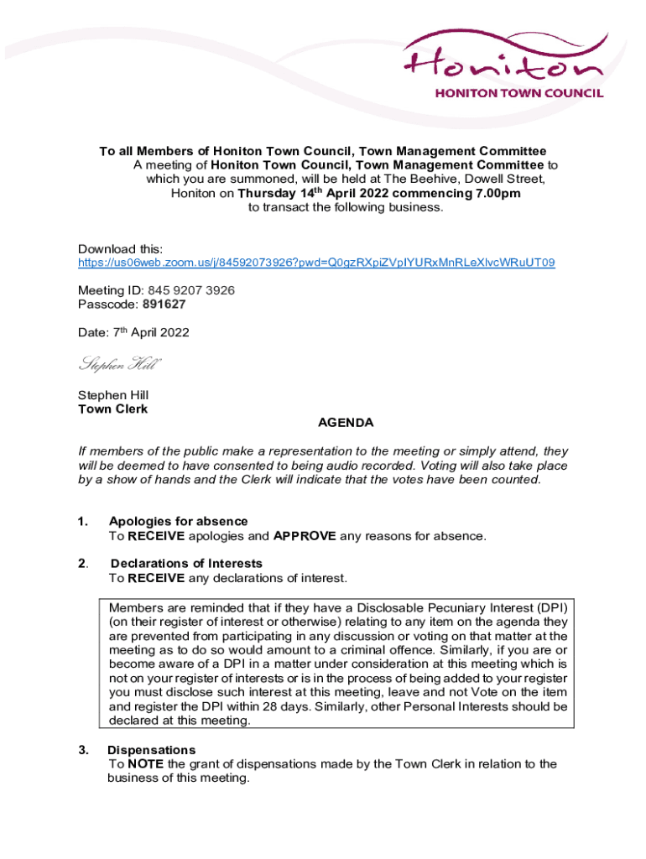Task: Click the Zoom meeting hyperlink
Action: pyautogui.click(x=315, y=263)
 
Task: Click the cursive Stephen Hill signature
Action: pyautogui.click(x=119, y=364)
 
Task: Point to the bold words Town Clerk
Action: pyautogui.click(x=112, y=409)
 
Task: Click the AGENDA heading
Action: pyautogui.click(x=346, y=423)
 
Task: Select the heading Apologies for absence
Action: pyautogui.click(x=178, y=522)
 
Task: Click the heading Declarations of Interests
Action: pyautogui.click(x=186, y=564)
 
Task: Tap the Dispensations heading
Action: pyautogui.click(x=151, y=750)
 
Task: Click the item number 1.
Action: pyautogui.click(x=82, y=522)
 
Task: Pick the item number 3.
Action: pyautogui.click(x=83, y=750)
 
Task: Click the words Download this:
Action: pyautogui.click(x=120, y=249)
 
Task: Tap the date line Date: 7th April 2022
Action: pyautogui.click(x=133, y=333)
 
